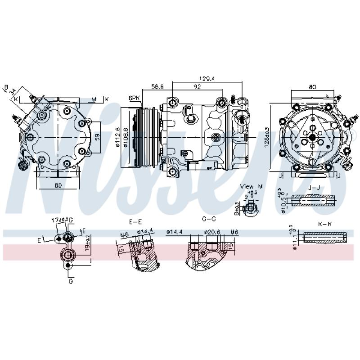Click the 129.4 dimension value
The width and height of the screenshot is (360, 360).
[208, 78]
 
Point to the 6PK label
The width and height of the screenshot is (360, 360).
[134, 98]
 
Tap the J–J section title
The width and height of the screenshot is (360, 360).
[313, 186]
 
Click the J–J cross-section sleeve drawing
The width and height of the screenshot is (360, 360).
[314, 200]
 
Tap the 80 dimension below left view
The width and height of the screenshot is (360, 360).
[58, 184]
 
